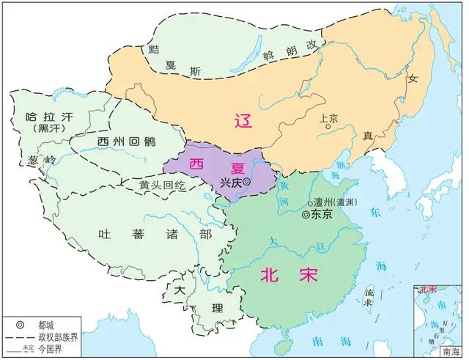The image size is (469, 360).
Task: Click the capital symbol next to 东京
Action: (305, 215)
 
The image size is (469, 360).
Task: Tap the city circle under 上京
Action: (329, 127)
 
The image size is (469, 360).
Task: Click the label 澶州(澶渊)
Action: (333, 201)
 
